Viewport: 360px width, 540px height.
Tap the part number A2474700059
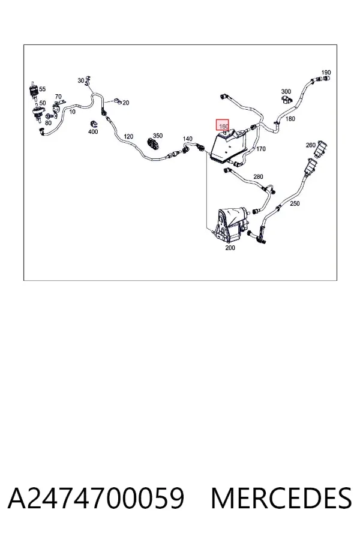pos(96,498)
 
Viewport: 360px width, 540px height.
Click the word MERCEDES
pos(281,498)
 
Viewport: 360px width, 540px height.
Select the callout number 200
pos(230,248)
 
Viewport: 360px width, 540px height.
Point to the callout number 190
pos(326,73)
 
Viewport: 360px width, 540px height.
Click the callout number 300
pos(286,91)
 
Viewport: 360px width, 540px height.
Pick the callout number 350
pos(158,136)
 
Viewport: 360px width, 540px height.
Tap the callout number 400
pos(93,131)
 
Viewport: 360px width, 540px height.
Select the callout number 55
pos(42,89)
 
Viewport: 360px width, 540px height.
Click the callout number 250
pos(295,203)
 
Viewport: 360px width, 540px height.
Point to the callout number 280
pos(258,176)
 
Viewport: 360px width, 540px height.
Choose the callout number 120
pos(128,136)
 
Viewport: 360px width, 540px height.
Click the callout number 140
pos(187,139)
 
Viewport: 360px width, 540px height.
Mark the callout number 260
pos(310,145)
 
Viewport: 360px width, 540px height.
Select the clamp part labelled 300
pos(286,100)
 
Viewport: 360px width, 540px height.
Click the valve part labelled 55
pos(34,91)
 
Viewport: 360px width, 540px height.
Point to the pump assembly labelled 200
pos(231,226)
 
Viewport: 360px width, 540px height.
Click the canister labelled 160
pos(229,145)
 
